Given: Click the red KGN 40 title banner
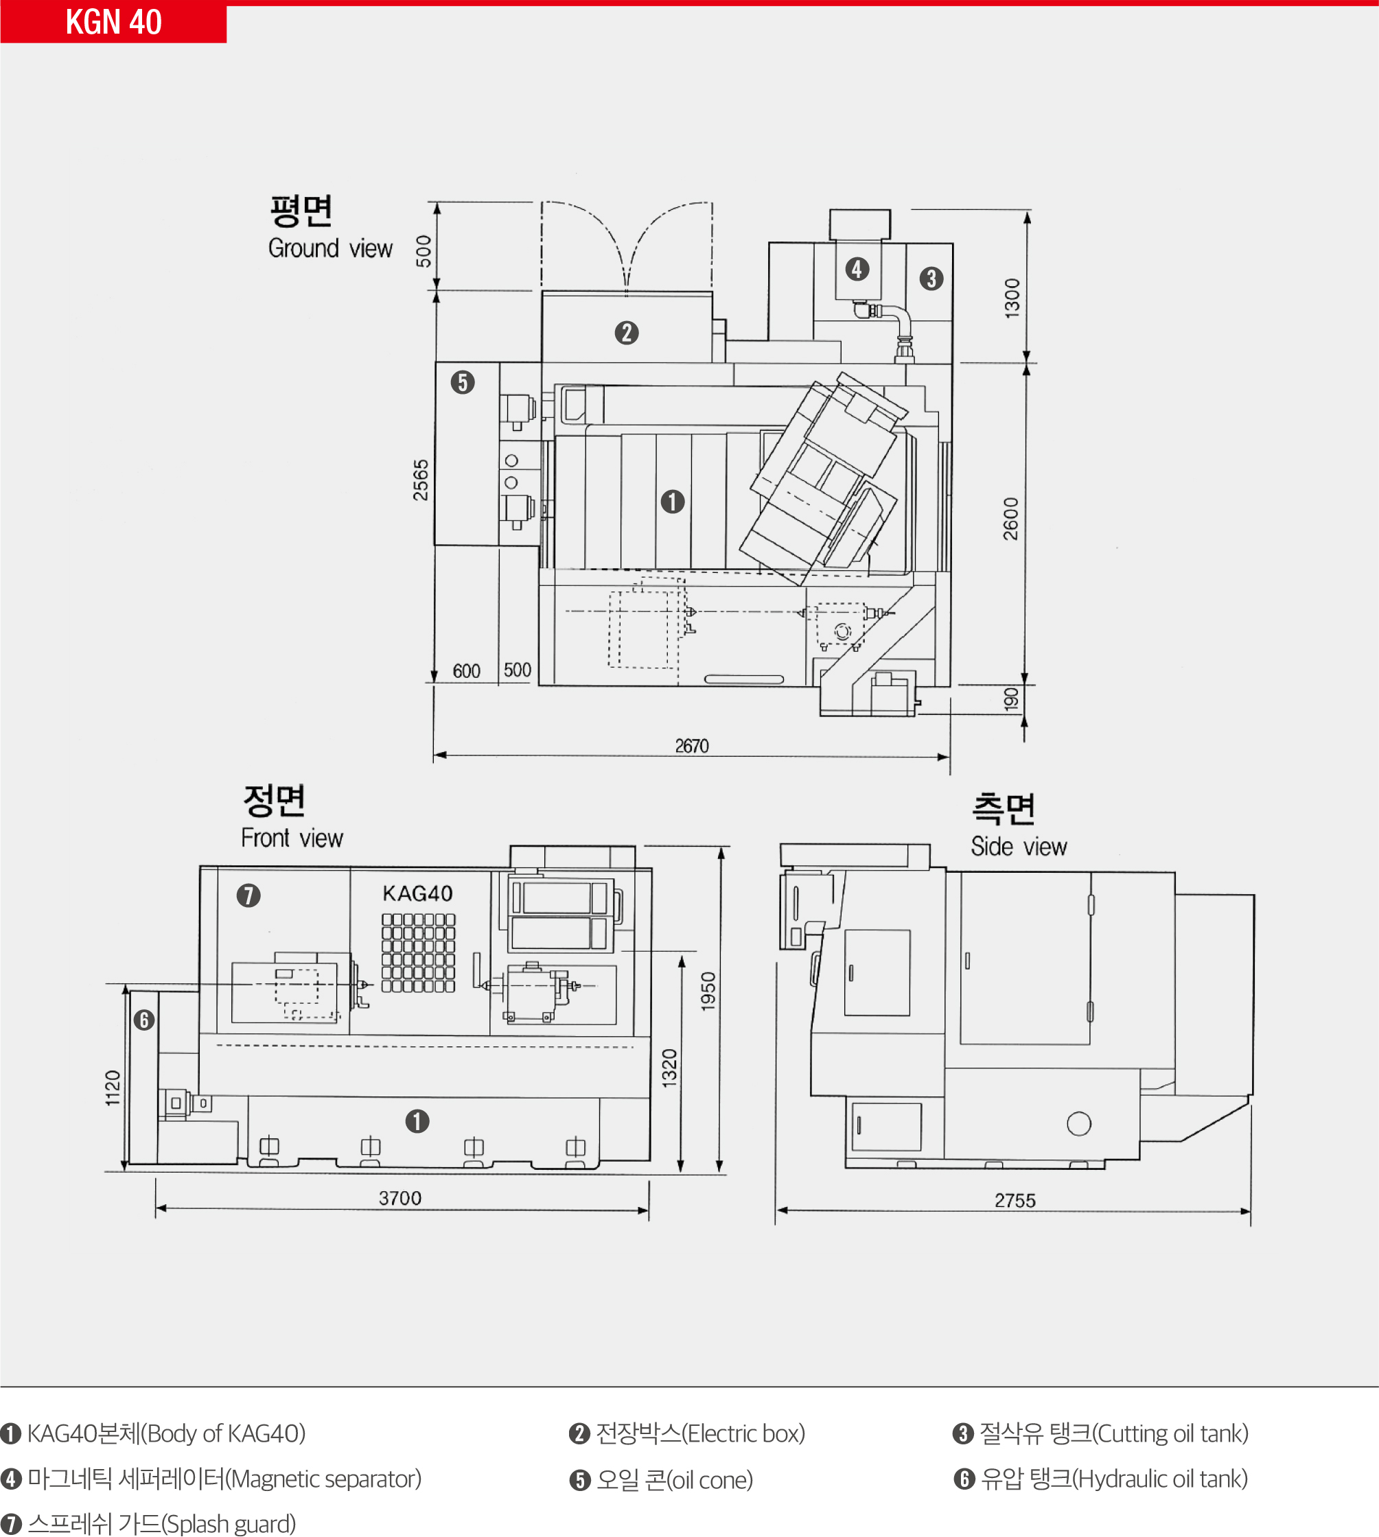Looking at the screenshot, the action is click(x=114, y=22).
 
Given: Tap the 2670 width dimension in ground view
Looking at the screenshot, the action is click(x=692, y=746).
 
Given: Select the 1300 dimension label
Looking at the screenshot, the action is click(x=1012, y=298).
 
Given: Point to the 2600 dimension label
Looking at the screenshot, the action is click(x=1011, y=519).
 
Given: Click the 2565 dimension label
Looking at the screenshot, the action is click(x=421, y=480).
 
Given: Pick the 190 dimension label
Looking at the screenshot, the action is click(x=1012, y=699).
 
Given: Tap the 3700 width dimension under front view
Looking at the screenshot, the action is click(x=400, y=1197).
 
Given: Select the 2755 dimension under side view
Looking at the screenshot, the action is click(x=1015, y=1200).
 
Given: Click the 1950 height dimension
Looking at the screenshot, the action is click(x=708, y=991).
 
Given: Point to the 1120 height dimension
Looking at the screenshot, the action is click(x=113, y=1088).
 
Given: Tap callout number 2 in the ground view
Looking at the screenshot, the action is click(x=627, y=333).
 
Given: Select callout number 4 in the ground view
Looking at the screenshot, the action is click(x=857, y=269).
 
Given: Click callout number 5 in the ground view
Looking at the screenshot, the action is click(x=463, y=382).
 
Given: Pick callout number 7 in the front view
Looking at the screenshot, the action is click(x=248, y=895).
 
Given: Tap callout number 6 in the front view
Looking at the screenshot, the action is click(x=144, y=1020).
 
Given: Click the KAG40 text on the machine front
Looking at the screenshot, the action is click(x=417, y=894).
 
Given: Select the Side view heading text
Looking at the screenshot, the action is click(x=1019, y=846).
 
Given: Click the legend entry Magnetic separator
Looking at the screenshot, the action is click(x=211, y=1479).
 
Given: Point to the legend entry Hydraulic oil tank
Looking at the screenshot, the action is click(x=1101, y=1479).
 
